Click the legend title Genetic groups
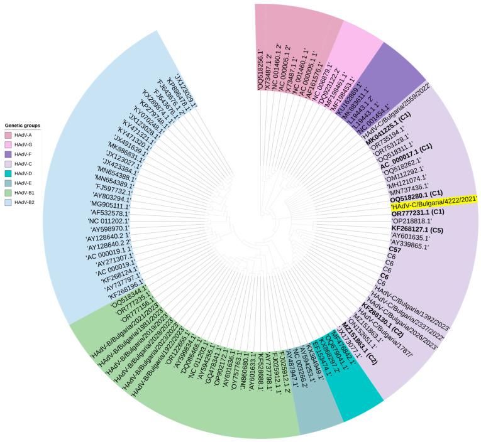[x=21, y=126]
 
